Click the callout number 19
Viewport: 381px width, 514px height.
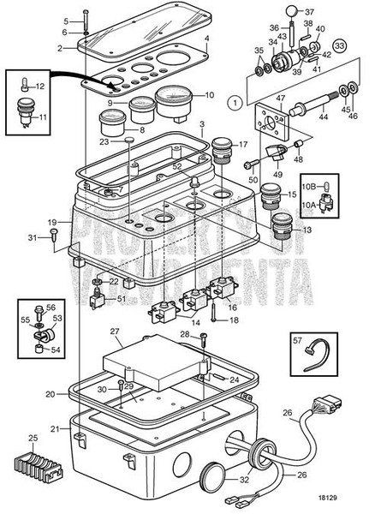coord(53,223)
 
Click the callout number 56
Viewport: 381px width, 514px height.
coord(50,307)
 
